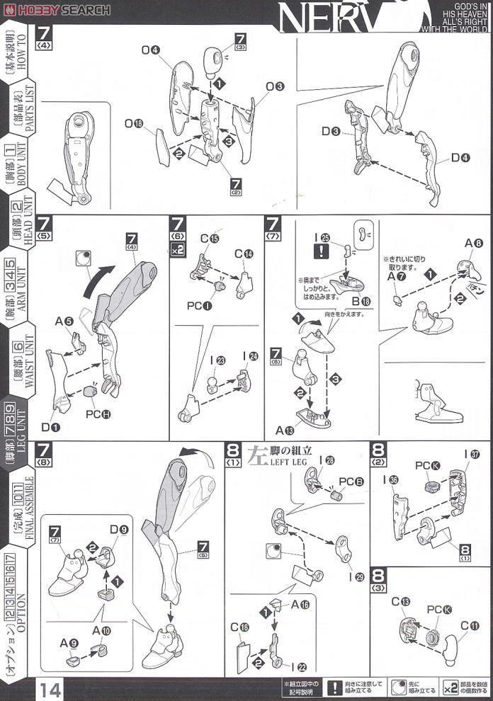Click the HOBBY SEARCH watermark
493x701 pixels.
pos(57,9)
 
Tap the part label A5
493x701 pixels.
pos(64,321)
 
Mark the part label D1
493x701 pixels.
pos(50,427)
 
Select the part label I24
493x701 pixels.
pos(249,356)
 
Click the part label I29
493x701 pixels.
pos(359,577)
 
